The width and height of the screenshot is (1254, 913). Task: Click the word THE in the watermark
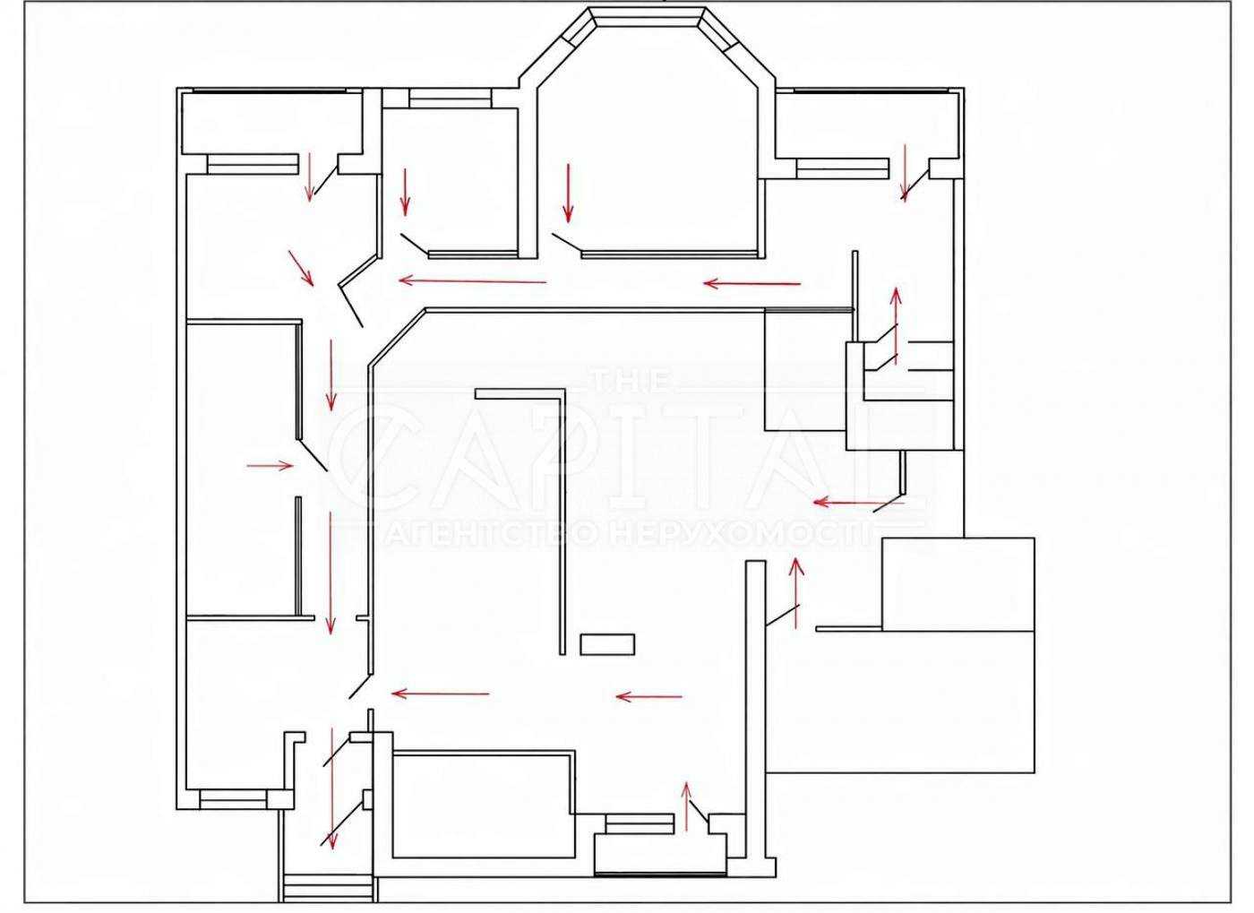633,381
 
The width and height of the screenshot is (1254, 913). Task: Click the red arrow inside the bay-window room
569,194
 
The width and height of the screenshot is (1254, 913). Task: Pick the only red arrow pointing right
271,465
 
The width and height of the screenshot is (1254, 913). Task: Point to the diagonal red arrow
301,268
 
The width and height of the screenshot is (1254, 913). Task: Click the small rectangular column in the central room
607,644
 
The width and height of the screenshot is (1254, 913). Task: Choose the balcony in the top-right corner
869,125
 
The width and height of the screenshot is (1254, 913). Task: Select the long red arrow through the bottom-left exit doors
332,796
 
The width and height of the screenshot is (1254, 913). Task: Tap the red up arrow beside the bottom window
686,806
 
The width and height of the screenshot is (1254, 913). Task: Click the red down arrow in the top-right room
905,174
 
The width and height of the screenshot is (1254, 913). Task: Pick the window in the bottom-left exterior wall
233,799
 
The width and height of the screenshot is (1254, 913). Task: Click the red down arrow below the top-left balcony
308,177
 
